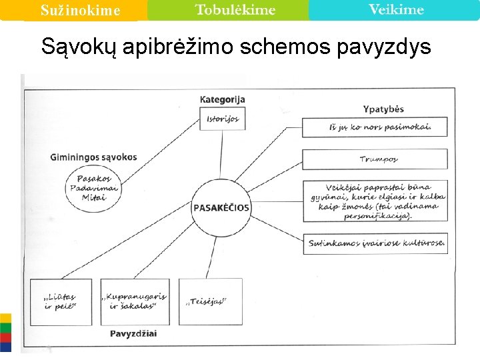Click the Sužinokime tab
click(x=79, y=11)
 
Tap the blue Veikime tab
click(x=395, y=10)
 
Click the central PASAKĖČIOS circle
click(x=221, y=207)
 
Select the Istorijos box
click(x=222, y=119)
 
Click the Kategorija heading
click(x=222, y=99)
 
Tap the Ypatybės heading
click(x=383, y=109)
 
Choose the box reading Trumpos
click(x=375, y=159)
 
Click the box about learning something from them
click(x=375, y=127)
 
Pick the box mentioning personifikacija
click(x=375, y=201)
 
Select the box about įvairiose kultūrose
click(x=375, y=243)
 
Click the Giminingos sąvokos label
click(x=93, y=157)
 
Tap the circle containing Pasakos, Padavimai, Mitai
click(x=93, y=187)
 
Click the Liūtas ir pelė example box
click(x=61, y=301)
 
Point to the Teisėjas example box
click(x=205, y=301)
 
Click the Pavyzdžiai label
click(x=133, y=333)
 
